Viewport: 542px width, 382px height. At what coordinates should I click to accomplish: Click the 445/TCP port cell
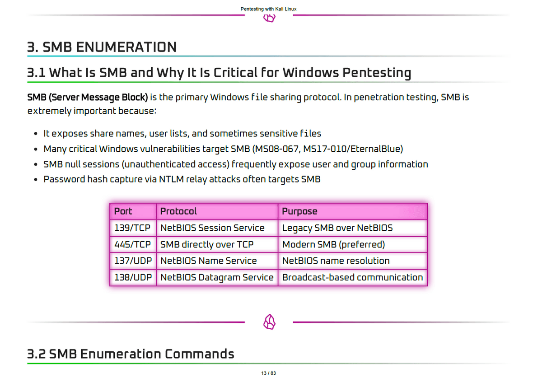tap(133, 245)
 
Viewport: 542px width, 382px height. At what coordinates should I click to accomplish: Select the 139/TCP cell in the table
tap(133, 228)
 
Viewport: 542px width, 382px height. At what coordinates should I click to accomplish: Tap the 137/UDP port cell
tap(133, 261)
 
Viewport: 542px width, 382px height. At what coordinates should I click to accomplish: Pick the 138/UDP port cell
tap(133, 278)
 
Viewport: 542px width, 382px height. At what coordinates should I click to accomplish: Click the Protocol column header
tap(217, 212)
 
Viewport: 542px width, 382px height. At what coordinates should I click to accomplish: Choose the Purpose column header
tap(353, 212)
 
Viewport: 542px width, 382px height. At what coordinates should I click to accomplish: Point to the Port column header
tap(133, 212)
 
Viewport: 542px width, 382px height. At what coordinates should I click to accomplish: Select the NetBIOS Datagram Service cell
tap(217, 278)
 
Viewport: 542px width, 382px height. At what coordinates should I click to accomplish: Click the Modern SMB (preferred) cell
tap(353, 245)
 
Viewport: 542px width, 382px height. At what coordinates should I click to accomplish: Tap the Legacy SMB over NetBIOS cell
tap(353, 228)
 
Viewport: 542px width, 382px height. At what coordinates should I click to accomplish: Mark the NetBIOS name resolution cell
tap(353, 261)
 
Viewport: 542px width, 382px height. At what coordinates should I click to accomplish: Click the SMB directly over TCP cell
tap(217, 245)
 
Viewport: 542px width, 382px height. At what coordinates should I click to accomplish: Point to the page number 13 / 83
tap(269, 373)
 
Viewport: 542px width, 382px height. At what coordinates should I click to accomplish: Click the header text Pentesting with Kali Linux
tap(269, 9)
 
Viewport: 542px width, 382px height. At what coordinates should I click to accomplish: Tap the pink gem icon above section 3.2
tap(269, 322)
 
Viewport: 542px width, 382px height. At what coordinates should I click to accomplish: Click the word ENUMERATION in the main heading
tap(126, 47)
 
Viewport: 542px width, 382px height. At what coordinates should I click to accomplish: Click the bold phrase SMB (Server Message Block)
tap(87, 98)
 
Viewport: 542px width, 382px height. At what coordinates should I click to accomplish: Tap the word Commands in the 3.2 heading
tap(200, 354)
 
